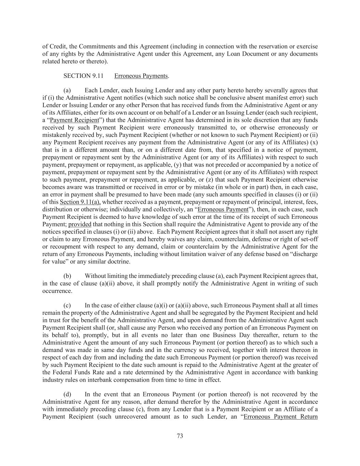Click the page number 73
click(180, 436)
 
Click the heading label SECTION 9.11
click(83, 76)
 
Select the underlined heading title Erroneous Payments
click(141, 76)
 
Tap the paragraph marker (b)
click(67, 276)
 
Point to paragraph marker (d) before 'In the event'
click(67, 394)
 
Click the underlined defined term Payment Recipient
click(74, 120)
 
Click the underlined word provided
click(80, 224)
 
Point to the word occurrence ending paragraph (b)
click(57, 291)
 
